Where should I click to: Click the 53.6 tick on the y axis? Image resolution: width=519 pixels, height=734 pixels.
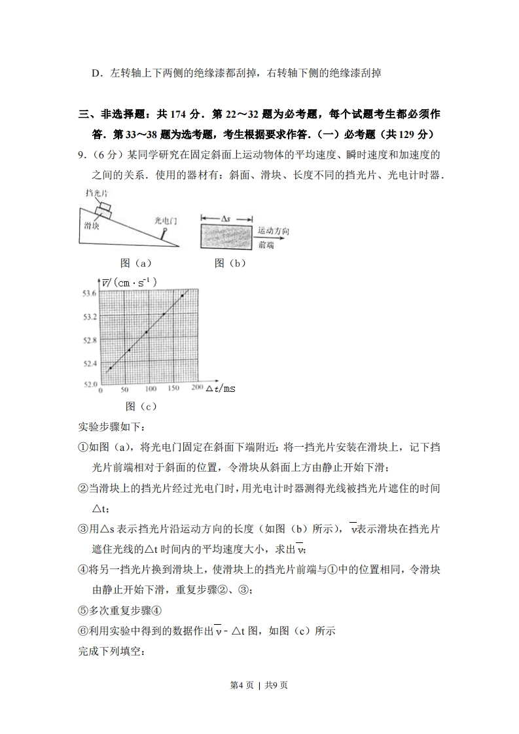88,294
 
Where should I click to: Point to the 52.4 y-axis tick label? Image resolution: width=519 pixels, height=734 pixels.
88,363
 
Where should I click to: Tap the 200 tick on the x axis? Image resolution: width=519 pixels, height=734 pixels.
197,389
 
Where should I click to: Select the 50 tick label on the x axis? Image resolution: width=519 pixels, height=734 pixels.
125,389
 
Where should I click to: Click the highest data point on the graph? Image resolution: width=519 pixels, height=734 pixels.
182,296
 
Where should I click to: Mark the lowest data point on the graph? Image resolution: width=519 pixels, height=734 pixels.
111,368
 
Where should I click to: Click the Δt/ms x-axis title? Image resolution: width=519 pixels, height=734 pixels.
221,389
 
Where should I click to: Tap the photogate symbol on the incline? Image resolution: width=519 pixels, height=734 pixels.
166,232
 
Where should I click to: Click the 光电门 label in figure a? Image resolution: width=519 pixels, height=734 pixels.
165,220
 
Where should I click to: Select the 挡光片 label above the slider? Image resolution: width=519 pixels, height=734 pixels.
96,193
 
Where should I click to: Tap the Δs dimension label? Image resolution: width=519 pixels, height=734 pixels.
224,218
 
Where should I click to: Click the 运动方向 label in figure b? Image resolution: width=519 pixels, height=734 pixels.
273,231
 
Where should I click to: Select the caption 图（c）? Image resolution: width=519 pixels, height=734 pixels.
141,406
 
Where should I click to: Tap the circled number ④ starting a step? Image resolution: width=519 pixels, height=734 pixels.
82,569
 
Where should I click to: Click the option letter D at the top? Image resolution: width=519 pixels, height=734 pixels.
96,73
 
